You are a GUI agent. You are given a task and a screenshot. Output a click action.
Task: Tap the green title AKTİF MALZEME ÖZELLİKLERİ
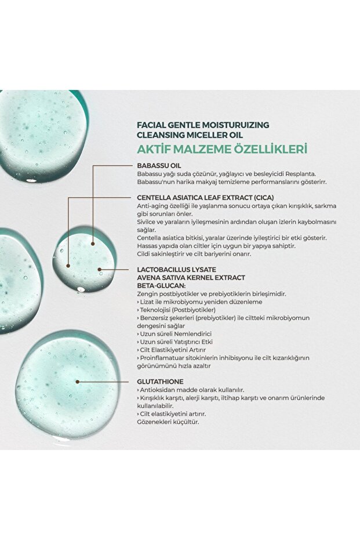[221, 149]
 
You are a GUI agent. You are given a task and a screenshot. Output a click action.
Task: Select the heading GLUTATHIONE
[161, 382]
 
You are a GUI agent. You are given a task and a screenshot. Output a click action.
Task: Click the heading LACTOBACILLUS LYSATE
[177, 270]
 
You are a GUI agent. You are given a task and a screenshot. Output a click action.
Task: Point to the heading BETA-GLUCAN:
[162, 286]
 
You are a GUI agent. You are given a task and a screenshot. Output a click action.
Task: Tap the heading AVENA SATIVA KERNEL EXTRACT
[191, 278]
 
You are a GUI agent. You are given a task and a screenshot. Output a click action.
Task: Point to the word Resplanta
[300, 173]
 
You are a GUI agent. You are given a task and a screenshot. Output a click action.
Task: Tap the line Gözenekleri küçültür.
[168, 422]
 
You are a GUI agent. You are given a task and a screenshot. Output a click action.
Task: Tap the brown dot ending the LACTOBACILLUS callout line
[100, 269]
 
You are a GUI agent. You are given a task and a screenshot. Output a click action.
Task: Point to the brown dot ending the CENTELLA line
[68, 265]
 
